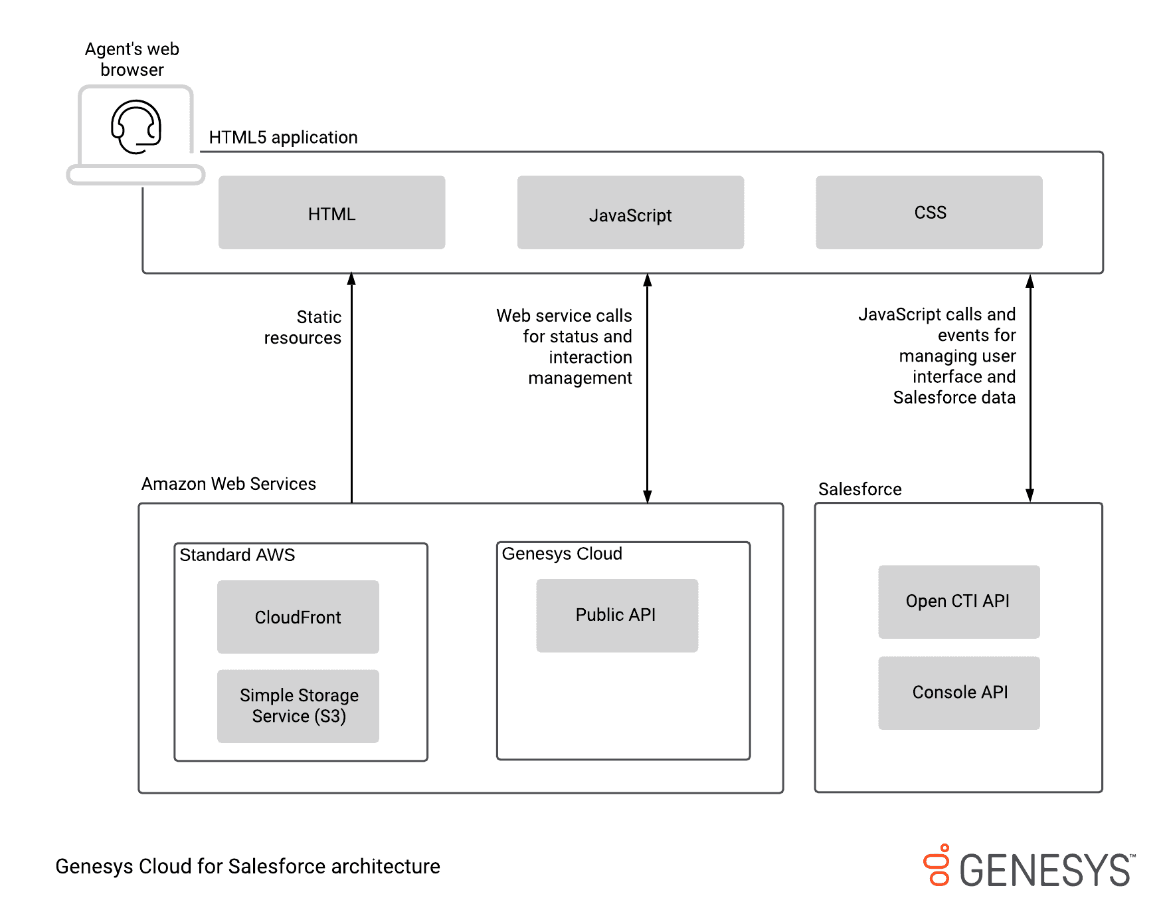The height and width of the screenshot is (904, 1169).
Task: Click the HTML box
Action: pyautogui.click(x=331, y=213)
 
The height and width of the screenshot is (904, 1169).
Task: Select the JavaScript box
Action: pyautogui.click(x=630, y=213)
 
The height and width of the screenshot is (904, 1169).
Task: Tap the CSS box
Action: pyautogui.click(x=929, y=213)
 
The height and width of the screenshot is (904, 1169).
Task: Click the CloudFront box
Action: pyautogui.click(x=298, y=617)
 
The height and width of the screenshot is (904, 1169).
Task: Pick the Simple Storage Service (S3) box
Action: pyautogui.click(x=298, y=706)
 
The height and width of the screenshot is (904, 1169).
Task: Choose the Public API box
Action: pyautogui.click(x=616, y=615)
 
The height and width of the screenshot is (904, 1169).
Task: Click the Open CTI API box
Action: pyautogui.click(x=958, y=602)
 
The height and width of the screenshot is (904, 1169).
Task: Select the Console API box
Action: pyautogui.click(x=958, y=693)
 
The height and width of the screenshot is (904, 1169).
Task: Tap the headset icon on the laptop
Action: pyautogui.click(x=136, y=126)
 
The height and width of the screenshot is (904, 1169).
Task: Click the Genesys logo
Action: pyautogui.click(x=1030, y=867)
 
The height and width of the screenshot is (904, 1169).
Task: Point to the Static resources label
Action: pyautogui.click(x=304, y=327)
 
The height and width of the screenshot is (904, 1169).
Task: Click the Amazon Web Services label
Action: pyautogui.click(x=228, y=484)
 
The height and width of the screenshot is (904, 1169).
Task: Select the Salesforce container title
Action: pyautogui.click(x=859, y=489)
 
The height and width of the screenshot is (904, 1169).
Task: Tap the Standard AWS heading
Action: pyautogui.click(x=237, y=555)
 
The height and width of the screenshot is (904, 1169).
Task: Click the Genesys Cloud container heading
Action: pyautogui.click(x=562, y=554)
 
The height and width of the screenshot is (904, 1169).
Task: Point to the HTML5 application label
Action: pyautogui.click(x=283, y=138)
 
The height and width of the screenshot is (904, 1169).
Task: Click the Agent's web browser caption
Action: pyautogui.click(x=132, y=59)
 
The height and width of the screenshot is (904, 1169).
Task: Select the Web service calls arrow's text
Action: pyautogui.click(x=565, y=346)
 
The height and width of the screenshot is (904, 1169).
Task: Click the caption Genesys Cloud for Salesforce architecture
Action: pyautogui.click(x=248, y=866)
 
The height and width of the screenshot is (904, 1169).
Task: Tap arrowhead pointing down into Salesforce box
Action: pyautogui.click(x=1030, y=495)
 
